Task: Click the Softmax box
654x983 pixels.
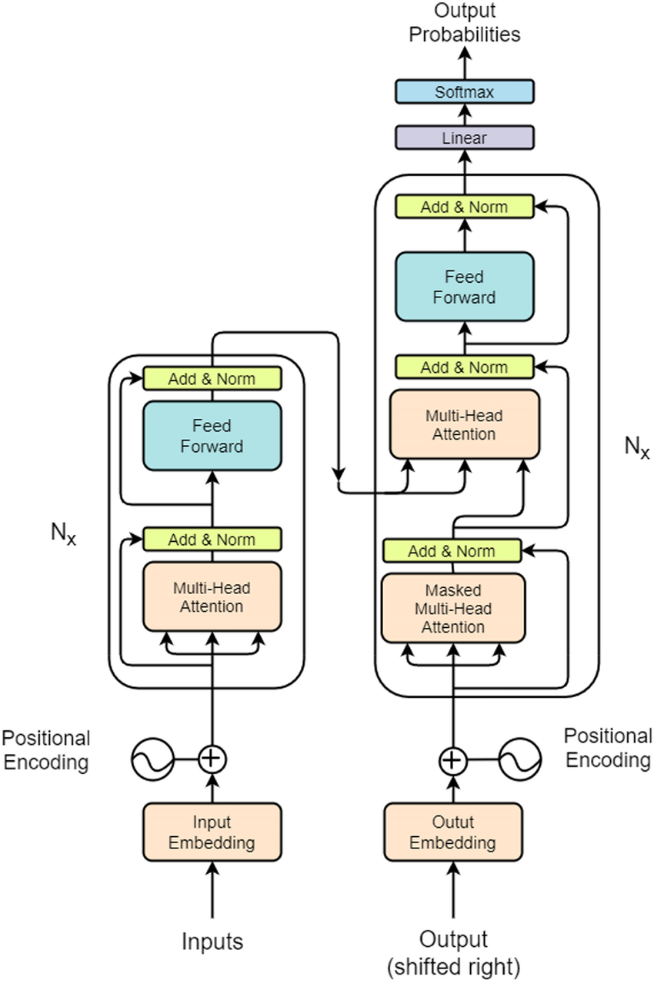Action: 464,92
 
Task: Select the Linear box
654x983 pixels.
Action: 464,138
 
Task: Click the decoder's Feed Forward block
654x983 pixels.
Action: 464,286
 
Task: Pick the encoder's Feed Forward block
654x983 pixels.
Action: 212,436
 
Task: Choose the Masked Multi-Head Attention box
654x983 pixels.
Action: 454,609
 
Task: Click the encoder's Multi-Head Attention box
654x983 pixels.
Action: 212,597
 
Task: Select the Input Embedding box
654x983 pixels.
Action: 212,832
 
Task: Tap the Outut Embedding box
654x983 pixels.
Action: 452,832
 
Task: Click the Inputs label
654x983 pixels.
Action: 212,941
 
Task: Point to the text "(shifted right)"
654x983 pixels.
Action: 453,964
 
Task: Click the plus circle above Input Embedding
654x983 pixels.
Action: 212,759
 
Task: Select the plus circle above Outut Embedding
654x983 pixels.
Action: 453,761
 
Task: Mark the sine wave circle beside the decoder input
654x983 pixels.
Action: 516,761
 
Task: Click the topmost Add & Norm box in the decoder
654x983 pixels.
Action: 464,207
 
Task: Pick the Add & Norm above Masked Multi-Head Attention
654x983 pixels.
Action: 452,550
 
